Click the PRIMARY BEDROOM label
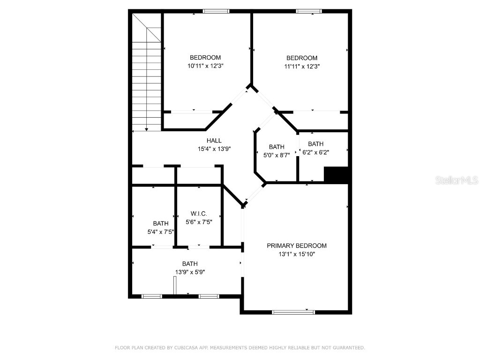tap(296, 246)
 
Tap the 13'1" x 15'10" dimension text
tap(296, 255)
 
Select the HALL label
tap(214, 141)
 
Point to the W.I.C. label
tap(199, 214)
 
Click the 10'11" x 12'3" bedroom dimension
tap(205, 67)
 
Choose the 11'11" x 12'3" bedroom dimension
tap(302, 67)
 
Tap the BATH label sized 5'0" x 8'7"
tap(277, 147)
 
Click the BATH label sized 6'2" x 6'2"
tap(315, 144)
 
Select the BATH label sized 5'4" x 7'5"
tap(160, 224)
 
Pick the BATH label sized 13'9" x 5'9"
tap(190, 263)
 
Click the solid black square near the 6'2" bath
tap(337, 175)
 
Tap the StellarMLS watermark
tap(456, 180)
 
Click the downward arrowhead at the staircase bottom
tap(147, 129)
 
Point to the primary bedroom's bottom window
tap(293, 312)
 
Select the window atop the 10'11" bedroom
tap(216, 11)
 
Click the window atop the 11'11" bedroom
tap(309, 11)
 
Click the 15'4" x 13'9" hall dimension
tap(214, 149)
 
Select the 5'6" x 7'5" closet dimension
tap(199, 222)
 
